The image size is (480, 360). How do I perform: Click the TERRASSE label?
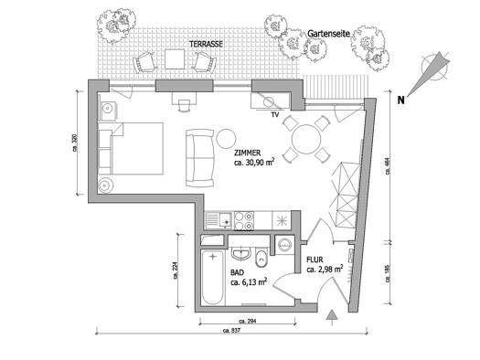[206, 44]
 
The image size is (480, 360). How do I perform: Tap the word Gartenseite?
[328, 34]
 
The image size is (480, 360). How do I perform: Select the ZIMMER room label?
[248, 153]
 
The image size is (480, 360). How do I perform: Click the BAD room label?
[237, 272]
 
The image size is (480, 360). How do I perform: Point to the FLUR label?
[315, 259]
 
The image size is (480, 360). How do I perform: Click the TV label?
[275, 115]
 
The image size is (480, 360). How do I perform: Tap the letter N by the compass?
[400, 100]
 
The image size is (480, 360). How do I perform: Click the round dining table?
[306, 139]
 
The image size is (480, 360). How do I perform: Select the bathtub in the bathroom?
[213, 277]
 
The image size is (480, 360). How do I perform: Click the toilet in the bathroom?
[261, 258]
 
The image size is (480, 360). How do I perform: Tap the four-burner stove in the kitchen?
[244, 221]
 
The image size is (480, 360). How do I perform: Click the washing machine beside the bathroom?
[284, 244]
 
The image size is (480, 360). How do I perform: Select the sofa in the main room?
[200, 158]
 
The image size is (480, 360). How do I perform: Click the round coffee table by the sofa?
[226, 139]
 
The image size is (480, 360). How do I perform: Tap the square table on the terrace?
[175, 59]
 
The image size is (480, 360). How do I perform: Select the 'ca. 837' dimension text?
[231, 331]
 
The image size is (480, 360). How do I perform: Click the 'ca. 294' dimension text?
[248, 321]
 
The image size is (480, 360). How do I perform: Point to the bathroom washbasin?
[241, 252]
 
